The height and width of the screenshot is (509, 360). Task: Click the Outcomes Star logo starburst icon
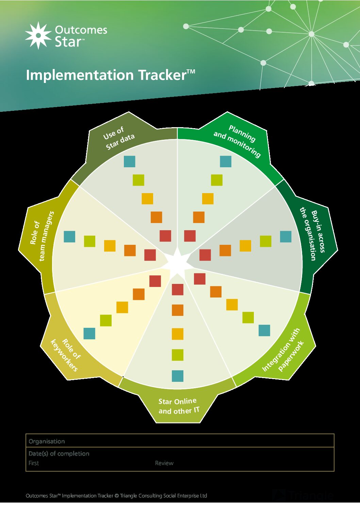[x=38, y=35]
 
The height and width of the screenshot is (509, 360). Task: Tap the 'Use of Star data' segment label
[x=119, y=138]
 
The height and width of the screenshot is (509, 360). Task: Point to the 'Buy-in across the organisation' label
[x=313, y=235]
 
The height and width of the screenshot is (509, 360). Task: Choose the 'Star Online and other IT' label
[x=178, y=406]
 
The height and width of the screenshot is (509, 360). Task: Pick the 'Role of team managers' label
[x=42, y=236]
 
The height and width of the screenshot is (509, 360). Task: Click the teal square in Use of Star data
[x=130, y=162]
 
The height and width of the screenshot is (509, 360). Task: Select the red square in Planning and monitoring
[x=190, y=236]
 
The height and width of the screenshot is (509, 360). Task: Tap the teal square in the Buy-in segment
[x=285, y=237]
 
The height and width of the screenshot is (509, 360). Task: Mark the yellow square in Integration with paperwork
[x=232, y=305]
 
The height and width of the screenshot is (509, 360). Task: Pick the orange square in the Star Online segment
[x=178, y=310]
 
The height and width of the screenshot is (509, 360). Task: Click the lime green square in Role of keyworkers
[x=106, y=320]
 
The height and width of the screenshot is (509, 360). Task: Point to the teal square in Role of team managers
[x=69, y=237]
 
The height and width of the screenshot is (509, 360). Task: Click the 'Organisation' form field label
[x=47, y=441]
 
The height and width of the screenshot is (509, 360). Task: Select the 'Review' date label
[x=164, y=463]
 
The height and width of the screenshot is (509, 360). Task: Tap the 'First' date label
[x=34, y=463]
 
